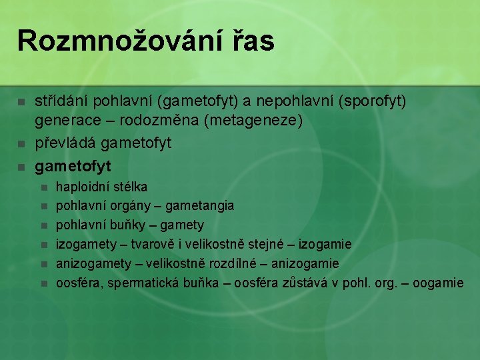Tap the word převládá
pos(63,143)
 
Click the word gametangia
pos(199,206)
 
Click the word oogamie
pos(438,283)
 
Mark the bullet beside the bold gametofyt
pos(21,164)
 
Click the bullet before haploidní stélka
pos(44,187)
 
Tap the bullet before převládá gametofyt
pos(21,143)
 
